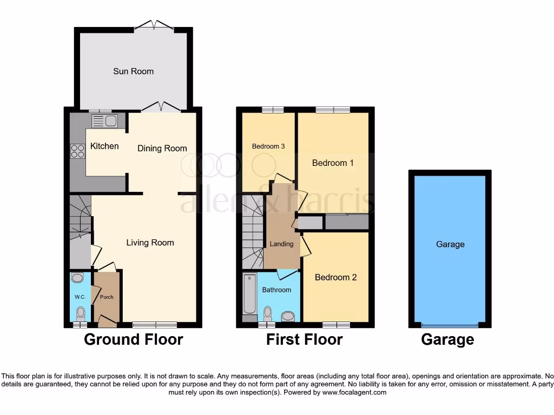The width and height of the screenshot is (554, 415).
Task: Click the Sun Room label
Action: click(x=133, y=71)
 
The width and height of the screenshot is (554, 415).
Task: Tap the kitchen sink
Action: click(x=104, y=121)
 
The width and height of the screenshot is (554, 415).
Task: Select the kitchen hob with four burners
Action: click(x=77, y=151)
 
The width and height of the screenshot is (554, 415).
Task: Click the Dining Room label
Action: click(x=162, y=148)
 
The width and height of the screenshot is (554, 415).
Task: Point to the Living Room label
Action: click(x=150, y=243)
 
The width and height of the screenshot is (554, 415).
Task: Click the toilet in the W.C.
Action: click(x=81, y=313)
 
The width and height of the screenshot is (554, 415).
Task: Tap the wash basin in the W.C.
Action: click(x=78, y=278)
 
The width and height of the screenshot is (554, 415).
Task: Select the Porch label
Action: click(x=107, y=297)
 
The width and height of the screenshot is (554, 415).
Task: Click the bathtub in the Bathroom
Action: click(x=249, y=294)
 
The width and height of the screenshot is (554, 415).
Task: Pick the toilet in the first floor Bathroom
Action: click(x=267, y=313)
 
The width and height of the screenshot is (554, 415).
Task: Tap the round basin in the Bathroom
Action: click(x=288, y=316)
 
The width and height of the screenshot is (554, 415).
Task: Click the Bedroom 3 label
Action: click(x=268, y=146)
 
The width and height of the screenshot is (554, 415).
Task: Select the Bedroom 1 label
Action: click(x=333, y=163)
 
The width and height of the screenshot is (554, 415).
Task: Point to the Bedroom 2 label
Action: click(x=335, y=277)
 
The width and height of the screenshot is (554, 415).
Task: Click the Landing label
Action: click(x=281, y=244)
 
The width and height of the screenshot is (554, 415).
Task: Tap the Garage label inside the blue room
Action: click(x=450, y=244)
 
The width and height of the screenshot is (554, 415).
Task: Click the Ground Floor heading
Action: click(x=133, y=339)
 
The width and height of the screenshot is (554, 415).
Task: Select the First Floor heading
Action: click(x=304, y=339)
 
